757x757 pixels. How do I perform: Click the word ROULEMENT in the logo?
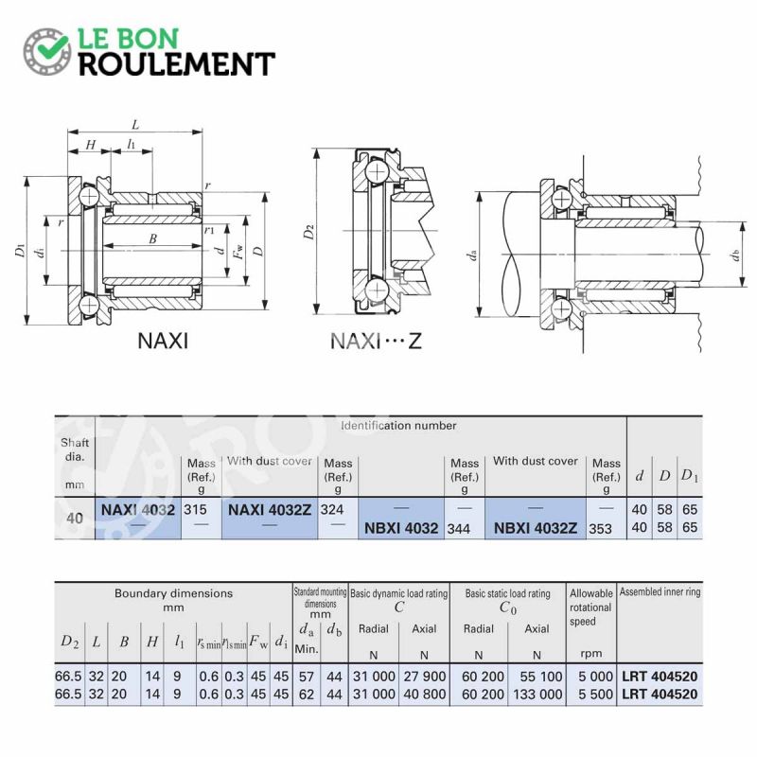click(x=177, y=64)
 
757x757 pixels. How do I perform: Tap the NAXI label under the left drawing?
click(x=163, y=341)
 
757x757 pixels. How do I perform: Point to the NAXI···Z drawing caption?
click(x=376, y=342)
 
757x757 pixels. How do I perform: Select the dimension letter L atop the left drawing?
click(x=135, y=125)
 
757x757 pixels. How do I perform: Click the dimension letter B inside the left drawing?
click(x=153, y=238)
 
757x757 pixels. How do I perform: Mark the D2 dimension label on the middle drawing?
click(x=309, y=232)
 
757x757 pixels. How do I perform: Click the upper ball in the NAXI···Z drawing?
click(x=377, y=172)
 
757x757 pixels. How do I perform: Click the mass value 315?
click(x=195, y=510)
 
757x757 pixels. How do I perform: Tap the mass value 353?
click(x=600, y=529)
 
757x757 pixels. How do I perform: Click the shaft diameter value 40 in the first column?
click(x=75, y=519)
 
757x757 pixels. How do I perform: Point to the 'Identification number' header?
click(x=398, y=426)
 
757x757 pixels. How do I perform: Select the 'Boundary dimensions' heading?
click(x=173, y=593)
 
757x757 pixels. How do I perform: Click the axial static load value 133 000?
click(x=537, y=695)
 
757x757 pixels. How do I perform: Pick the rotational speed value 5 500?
click(x=595, y=695)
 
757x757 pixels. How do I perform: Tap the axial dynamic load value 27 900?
click(x=424, y=677)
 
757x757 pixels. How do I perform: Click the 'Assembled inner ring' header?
click(x=660, y=592)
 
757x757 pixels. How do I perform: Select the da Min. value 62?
click(x=306, y=695)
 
